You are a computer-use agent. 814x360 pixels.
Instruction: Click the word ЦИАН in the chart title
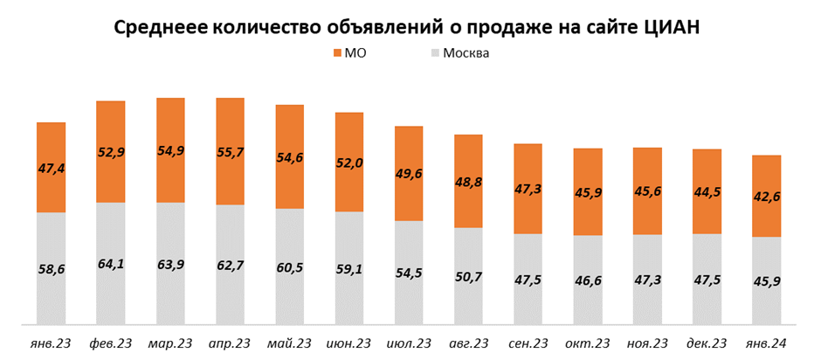[x=672, y=26]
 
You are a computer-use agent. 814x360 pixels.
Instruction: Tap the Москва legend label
[x=466, y=54]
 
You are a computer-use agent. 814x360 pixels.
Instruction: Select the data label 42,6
[x=766, y=197]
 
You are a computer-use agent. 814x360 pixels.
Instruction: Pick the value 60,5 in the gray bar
[x=289, y=267]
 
